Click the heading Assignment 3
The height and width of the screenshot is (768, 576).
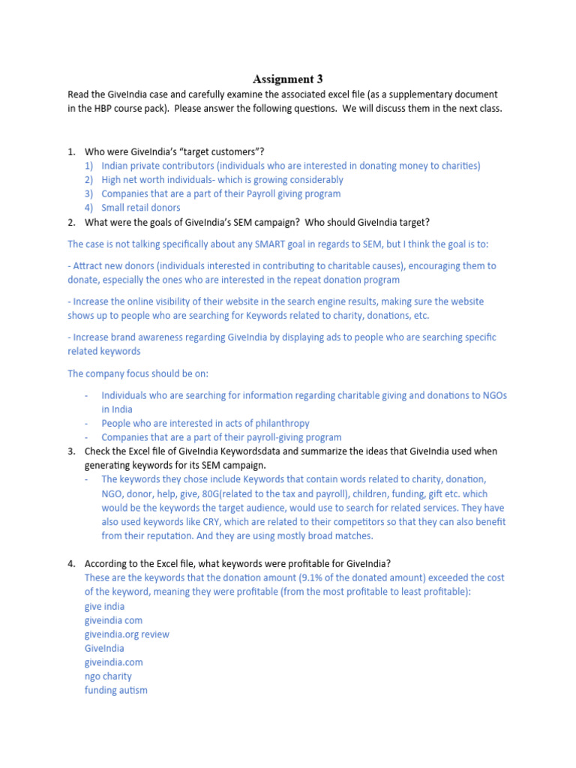tap(288, 79)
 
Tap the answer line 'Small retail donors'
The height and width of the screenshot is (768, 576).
tap(140, 208)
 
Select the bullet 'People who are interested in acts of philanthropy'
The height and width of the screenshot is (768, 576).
tap(205, 423)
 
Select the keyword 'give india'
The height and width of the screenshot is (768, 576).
tap(105, 606)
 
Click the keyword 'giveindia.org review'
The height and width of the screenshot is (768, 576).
tap(127, 634)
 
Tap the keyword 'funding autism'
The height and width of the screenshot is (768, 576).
tap(116, 690)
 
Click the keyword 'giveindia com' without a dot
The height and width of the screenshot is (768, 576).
tap(113, 620)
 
